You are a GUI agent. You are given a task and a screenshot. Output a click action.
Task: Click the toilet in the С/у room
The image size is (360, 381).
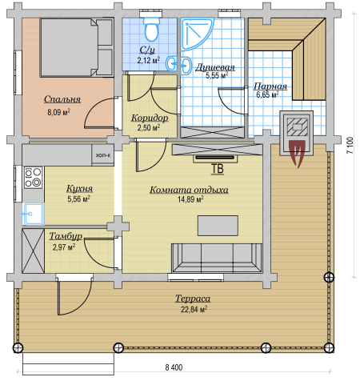click(x=152, y=28)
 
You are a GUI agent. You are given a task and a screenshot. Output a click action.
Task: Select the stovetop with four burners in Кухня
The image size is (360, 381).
click(x=34, y=177)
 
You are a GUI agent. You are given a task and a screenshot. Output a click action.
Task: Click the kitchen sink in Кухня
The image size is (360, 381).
click(x=33, y=214)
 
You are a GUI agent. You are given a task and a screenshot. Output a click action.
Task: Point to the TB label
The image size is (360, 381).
click(x=218, y=169)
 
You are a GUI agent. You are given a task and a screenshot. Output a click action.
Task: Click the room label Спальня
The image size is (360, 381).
click(x=62, y=99)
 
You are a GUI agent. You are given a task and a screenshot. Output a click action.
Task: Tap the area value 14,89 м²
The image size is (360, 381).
click(x=190, y=199)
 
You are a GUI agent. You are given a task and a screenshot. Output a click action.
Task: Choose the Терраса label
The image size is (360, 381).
click(x=193, y=299)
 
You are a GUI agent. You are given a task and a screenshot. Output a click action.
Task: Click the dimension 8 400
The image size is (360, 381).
click(x=174, y=367)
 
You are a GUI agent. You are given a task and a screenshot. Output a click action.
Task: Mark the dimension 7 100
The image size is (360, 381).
click(x=350, y=145)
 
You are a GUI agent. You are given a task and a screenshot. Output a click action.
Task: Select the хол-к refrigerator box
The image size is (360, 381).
click(x=103, y=154)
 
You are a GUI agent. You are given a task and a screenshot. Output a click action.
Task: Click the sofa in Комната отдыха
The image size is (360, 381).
click(x=217, y=258)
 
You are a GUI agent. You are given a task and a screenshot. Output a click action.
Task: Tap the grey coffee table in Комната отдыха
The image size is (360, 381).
click(x=218, y=226)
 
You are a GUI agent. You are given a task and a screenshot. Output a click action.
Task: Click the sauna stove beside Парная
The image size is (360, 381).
click(x=297, y=133)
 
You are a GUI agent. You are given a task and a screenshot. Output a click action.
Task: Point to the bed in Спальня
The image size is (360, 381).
click(x=77, y=47)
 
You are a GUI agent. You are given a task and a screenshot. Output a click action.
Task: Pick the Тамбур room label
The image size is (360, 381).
click(x=66, y=236)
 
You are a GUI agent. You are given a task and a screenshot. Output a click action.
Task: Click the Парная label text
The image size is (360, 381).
click(x=270, y=86)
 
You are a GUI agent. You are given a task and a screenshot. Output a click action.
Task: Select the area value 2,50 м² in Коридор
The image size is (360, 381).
click(x=149, y=127)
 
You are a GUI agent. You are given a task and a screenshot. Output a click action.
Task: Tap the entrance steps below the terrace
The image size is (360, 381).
click(x=69, y=363)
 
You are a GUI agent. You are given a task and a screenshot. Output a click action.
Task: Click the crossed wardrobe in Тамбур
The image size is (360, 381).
click(x=34, y=251)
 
